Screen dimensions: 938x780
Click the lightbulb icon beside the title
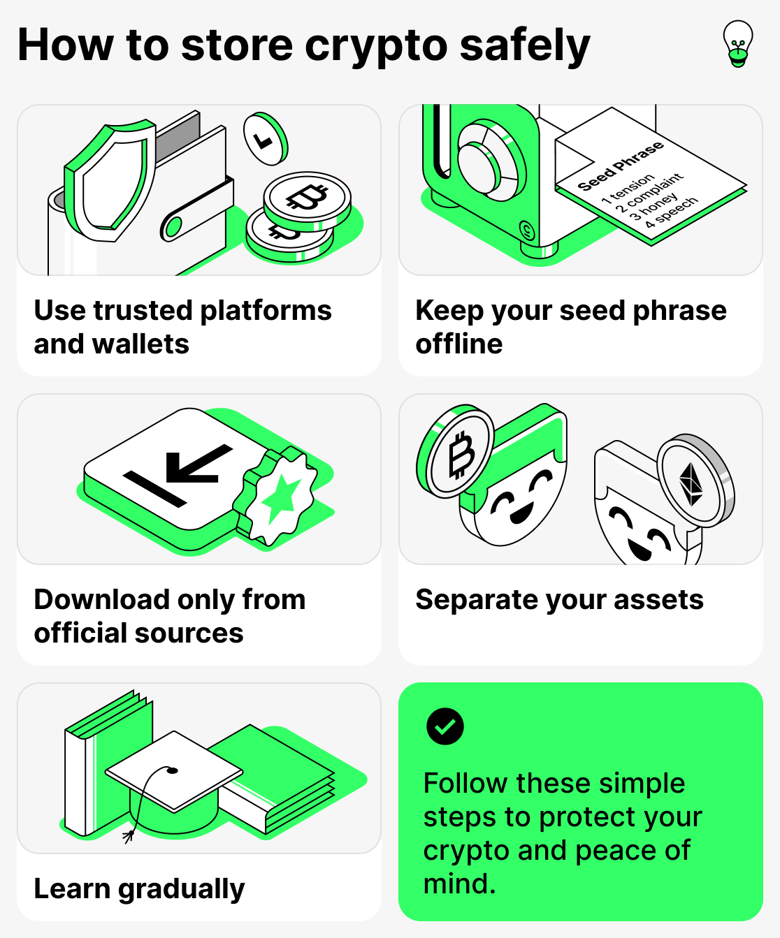coord(738,43)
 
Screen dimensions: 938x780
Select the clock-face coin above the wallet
coord(265,138)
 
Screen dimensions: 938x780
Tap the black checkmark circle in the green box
coord(445,726)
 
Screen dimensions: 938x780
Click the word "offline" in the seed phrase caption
coord(458,344)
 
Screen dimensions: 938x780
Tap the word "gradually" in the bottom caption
coord(181,889)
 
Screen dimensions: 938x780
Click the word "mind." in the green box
coord(459,884)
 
